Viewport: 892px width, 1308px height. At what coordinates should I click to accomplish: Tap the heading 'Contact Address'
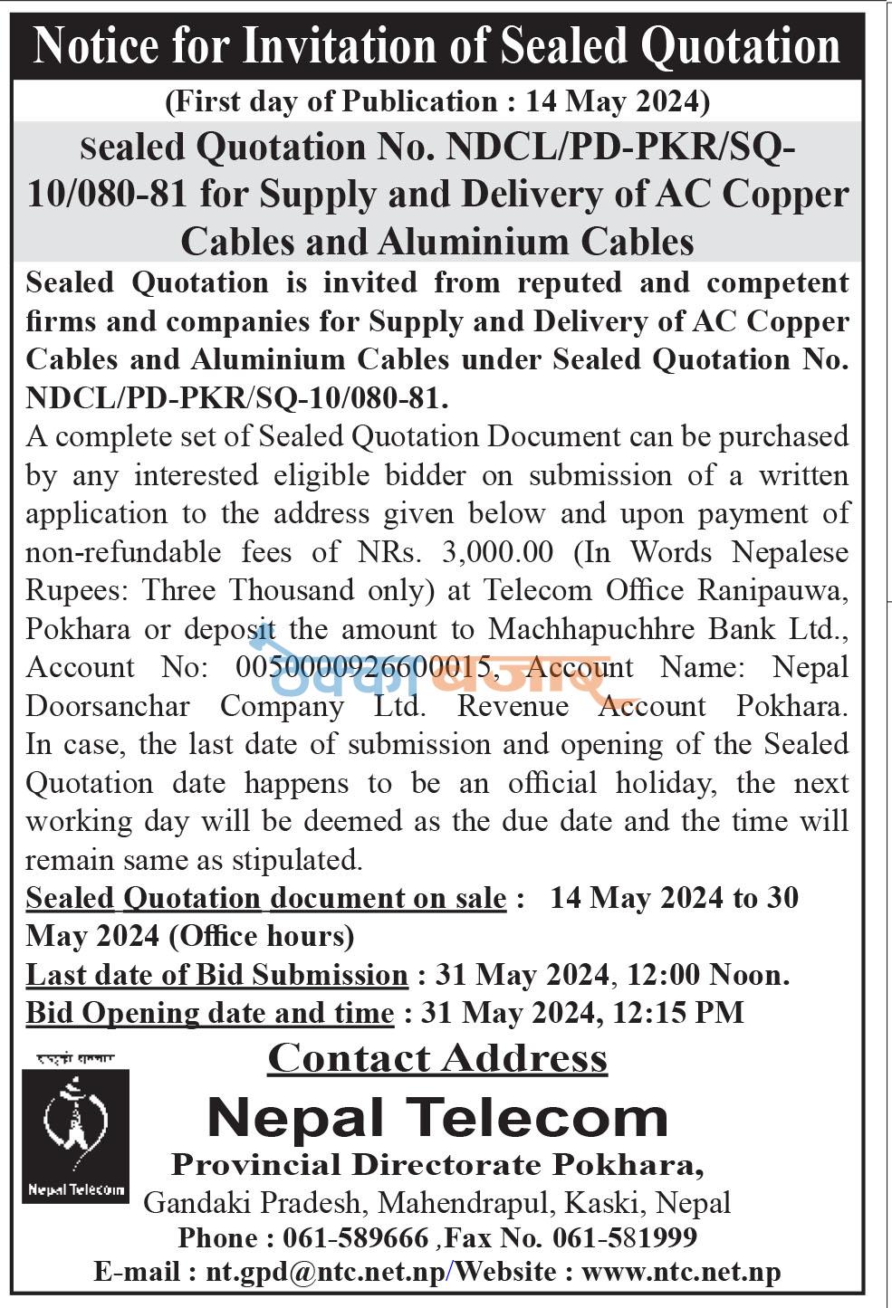[x=437, y=1058]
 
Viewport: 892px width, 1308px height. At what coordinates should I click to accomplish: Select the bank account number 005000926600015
[x=368, y=668]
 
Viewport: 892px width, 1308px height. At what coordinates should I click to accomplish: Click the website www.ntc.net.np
[x=681, y=1272]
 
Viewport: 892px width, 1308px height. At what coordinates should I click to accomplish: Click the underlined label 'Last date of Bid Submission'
[x=216, y=975]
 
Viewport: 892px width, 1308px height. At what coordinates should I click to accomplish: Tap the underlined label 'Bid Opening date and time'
[x=209, y=1012]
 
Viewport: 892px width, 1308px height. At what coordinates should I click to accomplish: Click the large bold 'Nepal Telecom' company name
[x=437, y=1118]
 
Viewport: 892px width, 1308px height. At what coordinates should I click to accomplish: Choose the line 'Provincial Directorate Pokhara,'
[x=437, y=1165]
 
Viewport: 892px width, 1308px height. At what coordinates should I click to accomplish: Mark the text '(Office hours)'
[x=262, y=936]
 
